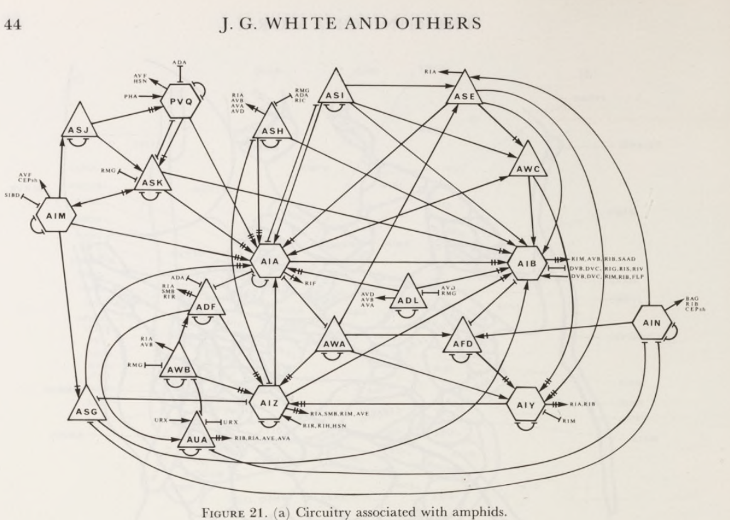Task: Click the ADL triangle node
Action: [x=409, y=300]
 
